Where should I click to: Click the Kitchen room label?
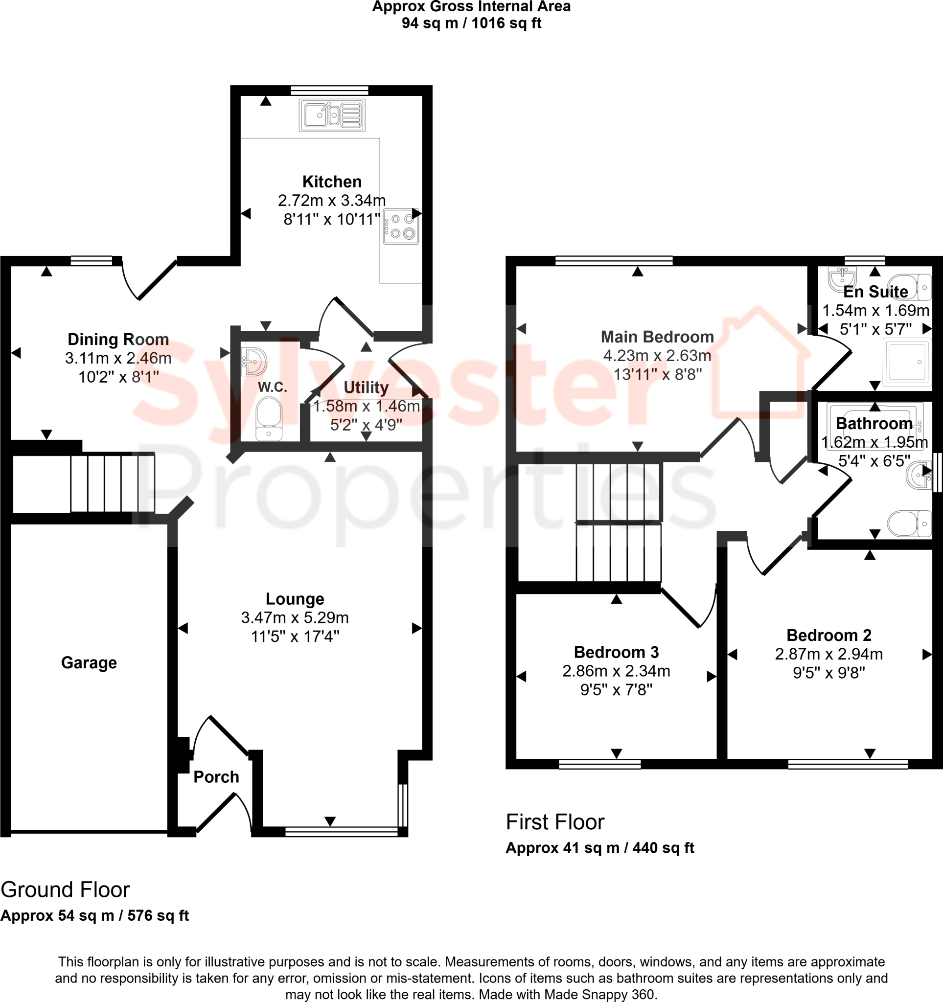tap(332, 182)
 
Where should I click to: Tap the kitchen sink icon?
tap(332, 115)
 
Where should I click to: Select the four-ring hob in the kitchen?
tap(401, 228)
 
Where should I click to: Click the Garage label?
tap(89, 662)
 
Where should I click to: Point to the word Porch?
tap(216, 777)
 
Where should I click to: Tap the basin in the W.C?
tap(253, 362)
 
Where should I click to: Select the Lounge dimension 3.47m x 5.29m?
tap(295, 617)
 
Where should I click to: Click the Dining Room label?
tap(118, 339)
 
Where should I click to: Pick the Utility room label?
tap(366, 387)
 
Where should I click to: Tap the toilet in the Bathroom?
tap(909, 524)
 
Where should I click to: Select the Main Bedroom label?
tap(657, 337)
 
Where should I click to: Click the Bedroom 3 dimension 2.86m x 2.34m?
tap(616, 671)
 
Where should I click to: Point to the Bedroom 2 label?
tap(828, 635)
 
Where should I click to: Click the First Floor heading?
tap(555, 822)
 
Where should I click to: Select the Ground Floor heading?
tap(65, 889)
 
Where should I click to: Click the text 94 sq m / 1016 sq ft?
tap(471, 23)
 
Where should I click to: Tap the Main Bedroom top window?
tap(613, 261)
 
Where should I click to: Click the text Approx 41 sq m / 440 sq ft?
tap(599, 848)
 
